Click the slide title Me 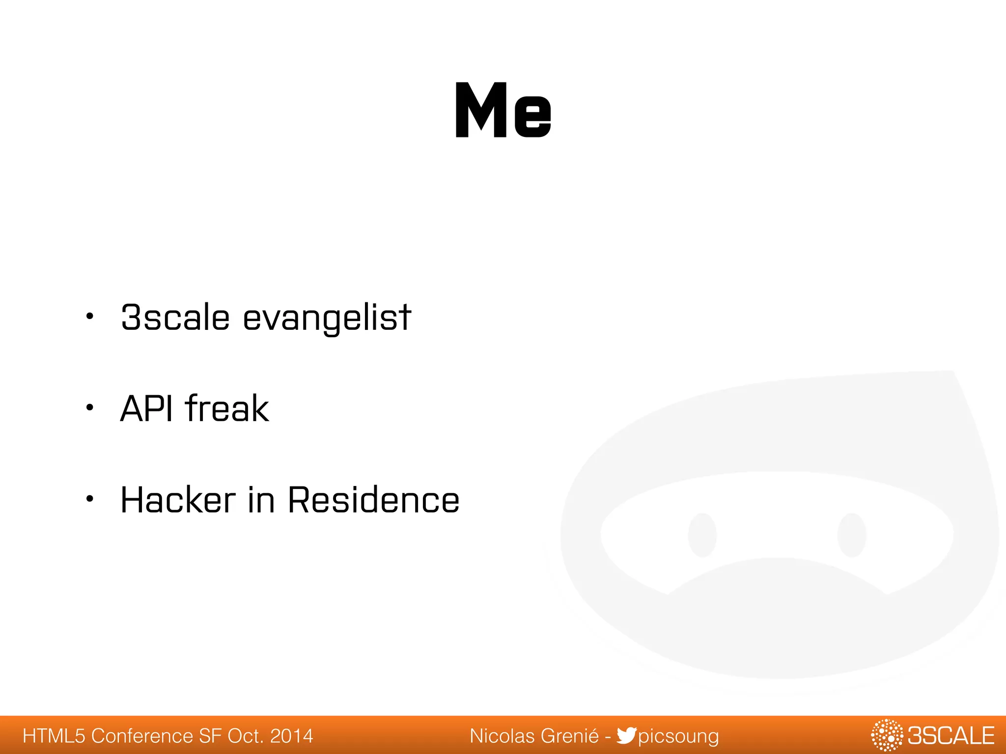click(503, 110)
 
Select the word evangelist click(327, 318)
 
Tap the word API click(146, 408)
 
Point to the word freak click(227, 408)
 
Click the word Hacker click(178, 500)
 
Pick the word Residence click(373, 500)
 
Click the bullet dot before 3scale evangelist click(89, 316)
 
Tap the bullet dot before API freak click(89, 407)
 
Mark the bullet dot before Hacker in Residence click(89, 499)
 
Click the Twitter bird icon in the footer click(626, 735)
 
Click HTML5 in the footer click(54, 736)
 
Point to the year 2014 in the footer click(292, 736)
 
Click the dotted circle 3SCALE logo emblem click(887, 735)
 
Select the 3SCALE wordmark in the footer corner click(950, 735)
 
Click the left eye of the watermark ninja click(702, 535)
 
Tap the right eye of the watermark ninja click(851, 535)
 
